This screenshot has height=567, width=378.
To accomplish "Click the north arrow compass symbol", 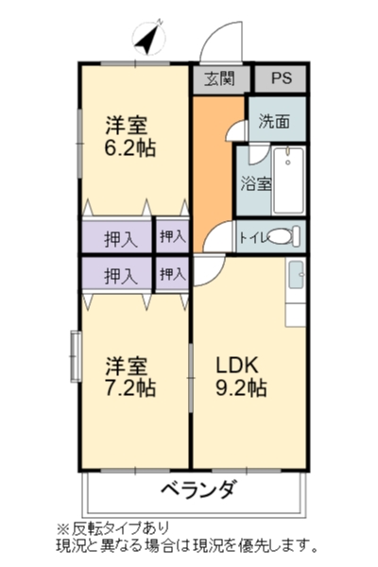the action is [x=149, y=37].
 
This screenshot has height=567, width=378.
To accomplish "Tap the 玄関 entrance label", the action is [x=219, y=78].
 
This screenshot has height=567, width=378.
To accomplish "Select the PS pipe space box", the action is [x=281, y=78].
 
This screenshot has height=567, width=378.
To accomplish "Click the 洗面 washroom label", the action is [x=274, y=122].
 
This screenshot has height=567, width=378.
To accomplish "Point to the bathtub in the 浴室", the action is [x=288, y=180].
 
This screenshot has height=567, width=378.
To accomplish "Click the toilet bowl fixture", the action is [x=284, y=236].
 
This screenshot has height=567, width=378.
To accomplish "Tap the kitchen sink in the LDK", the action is [x=297, y=275].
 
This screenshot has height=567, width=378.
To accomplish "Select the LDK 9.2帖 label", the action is [x=241, y=376].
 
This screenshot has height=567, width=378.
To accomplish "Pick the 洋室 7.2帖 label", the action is [x=130, y=376].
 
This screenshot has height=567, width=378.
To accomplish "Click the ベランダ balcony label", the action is [x=199, y=490].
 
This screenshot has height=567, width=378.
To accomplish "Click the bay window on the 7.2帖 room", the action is [x=76, y=356].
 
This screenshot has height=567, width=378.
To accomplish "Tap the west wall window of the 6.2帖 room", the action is [x=79, y=144].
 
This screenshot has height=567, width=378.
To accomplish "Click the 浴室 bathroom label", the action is [x=256, y=183].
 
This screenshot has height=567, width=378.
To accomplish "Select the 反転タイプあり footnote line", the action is [x=112, y=528].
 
